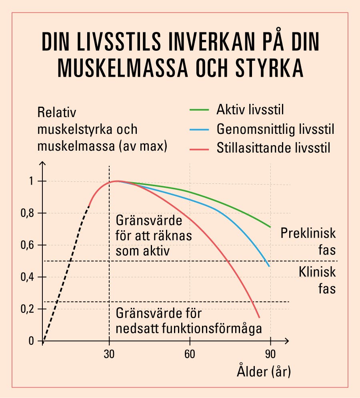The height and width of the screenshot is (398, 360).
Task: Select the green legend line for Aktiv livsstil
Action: (x=198, y=109)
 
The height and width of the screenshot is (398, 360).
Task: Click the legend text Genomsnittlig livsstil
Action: (x=275, y=129)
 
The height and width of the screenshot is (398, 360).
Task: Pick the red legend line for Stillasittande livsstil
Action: (x=198, y=149)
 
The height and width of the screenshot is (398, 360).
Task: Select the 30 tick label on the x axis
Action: (x=109, y=354)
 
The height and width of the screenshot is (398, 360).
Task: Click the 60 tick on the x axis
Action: (x=190, y=354)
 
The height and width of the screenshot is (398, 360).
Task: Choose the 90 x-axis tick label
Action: (x=271, y=354)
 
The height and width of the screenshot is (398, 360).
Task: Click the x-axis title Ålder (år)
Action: (x=264, y=372)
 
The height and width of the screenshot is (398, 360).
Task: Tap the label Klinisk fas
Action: (x=317, y=280)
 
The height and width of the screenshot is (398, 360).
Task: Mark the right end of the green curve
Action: (x=270, y=227)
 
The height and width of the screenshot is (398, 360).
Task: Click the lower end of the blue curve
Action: (x=269, y=266)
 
